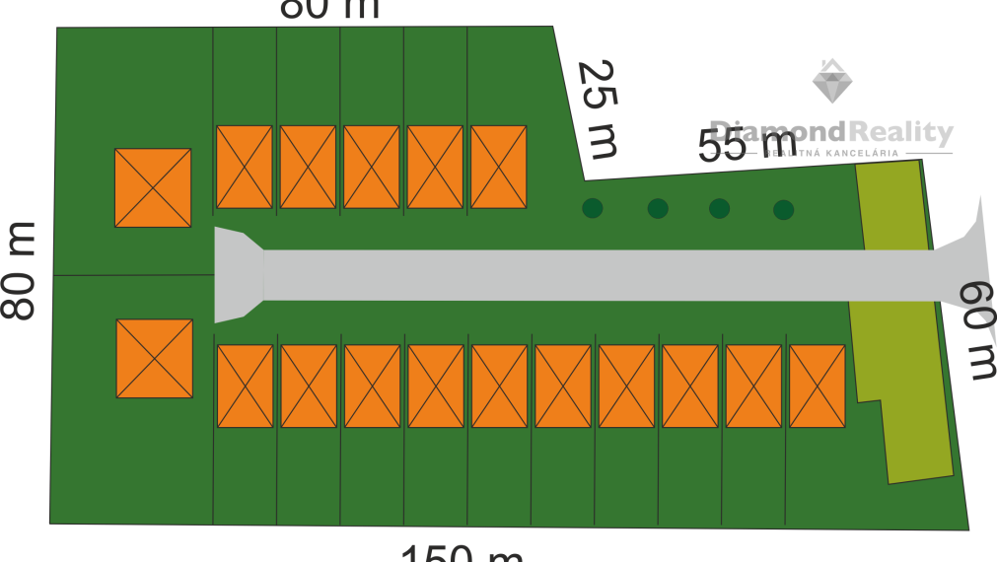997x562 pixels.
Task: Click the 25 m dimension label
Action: [597, 109]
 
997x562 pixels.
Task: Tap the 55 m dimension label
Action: [747, 148]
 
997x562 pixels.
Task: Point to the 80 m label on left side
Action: [19, 271]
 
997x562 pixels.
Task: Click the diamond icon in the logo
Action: [832, 82]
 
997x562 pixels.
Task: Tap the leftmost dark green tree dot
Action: [593, 208]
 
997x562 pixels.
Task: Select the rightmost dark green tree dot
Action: [784, 210]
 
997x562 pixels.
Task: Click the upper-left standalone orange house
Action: [153, 187]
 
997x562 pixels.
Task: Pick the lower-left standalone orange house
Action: [155, 358]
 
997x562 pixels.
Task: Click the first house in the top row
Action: [245, 167]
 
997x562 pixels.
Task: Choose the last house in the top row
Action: [498, 167]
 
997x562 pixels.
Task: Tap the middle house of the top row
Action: [372, 167]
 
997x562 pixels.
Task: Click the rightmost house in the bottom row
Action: [817, 386]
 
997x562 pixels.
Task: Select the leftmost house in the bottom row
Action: [245, 386]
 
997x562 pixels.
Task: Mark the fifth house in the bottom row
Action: [499, 386]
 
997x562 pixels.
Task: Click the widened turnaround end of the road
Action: [237, 275]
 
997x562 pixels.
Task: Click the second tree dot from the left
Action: [658, 209]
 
